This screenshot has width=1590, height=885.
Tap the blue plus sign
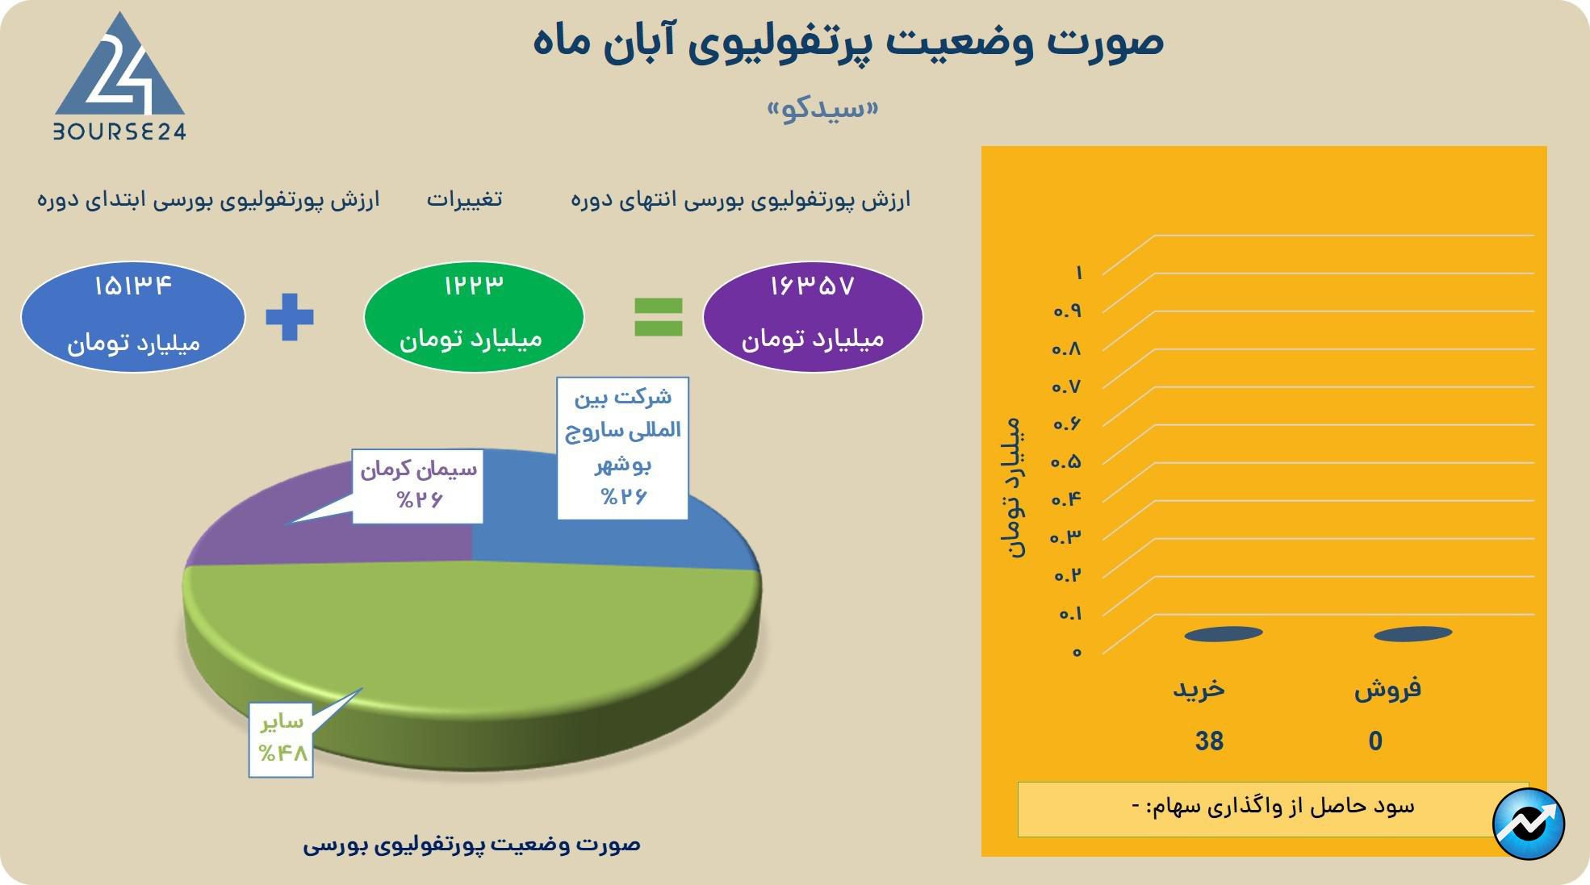coord(290,316)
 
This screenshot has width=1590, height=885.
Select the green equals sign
coord(659,316)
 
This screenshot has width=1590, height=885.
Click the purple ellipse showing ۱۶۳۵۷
coord(813,316)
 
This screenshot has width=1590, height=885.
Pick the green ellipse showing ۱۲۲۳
coord(474,316)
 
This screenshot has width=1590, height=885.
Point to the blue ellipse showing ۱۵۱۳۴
coord(133,316)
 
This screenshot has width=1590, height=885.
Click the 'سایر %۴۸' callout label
coord(281,740)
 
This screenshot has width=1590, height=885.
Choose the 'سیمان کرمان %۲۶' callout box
coord(417,486)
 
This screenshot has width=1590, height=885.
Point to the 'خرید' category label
coord(1199,689)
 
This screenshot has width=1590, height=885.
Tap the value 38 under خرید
coord(1209,741)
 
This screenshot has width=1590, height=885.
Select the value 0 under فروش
coord(1375,741)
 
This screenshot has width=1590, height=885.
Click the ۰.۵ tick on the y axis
coord(1065,461)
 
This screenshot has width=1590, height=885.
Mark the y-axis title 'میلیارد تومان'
coord(1015,488)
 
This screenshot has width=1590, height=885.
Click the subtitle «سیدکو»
coord(822,109)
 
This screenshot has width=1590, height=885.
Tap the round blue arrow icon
coord(1529,824)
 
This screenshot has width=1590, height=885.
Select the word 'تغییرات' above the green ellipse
coord(464,198)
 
